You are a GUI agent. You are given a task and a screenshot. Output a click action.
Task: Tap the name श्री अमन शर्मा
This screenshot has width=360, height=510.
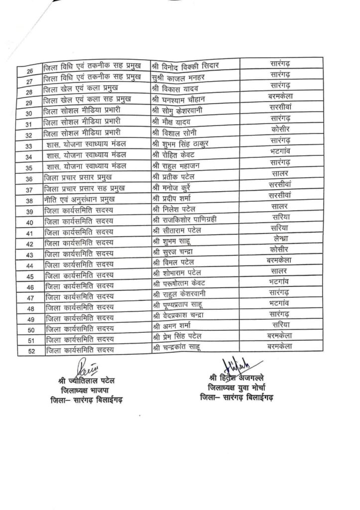coord(172,326)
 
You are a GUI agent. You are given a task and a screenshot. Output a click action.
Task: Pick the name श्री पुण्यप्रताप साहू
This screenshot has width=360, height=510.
coord(178,304)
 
